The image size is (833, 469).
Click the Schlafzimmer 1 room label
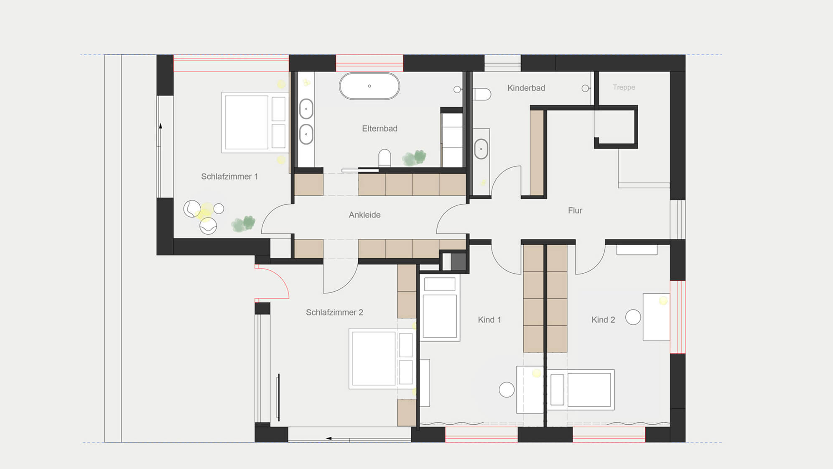(229, 177)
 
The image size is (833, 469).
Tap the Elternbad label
(380, 128)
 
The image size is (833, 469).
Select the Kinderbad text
(526, 88)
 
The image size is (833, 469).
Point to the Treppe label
(624, 87)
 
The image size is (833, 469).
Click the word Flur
(575, 210)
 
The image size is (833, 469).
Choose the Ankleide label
(364, 215)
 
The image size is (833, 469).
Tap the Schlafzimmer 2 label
(334, 312)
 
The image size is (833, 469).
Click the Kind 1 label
(489, 320)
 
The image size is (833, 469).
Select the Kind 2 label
(603, 320)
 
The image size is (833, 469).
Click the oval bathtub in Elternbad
(369, 86)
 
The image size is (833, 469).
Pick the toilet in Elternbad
(385, 159)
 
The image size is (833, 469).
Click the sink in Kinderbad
(481, 149)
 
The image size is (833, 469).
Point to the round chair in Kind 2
(633, 317)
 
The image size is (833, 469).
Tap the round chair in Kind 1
(507, 390)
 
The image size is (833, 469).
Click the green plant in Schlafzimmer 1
(243, 224)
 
